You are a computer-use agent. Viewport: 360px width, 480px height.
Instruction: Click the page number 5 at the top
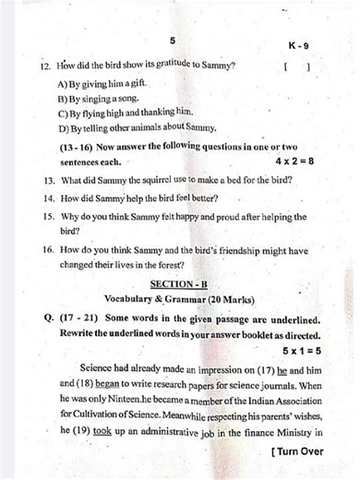point(173,42)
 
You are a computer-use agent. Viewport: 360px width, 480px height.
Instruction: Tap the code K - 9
point(299,45)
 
